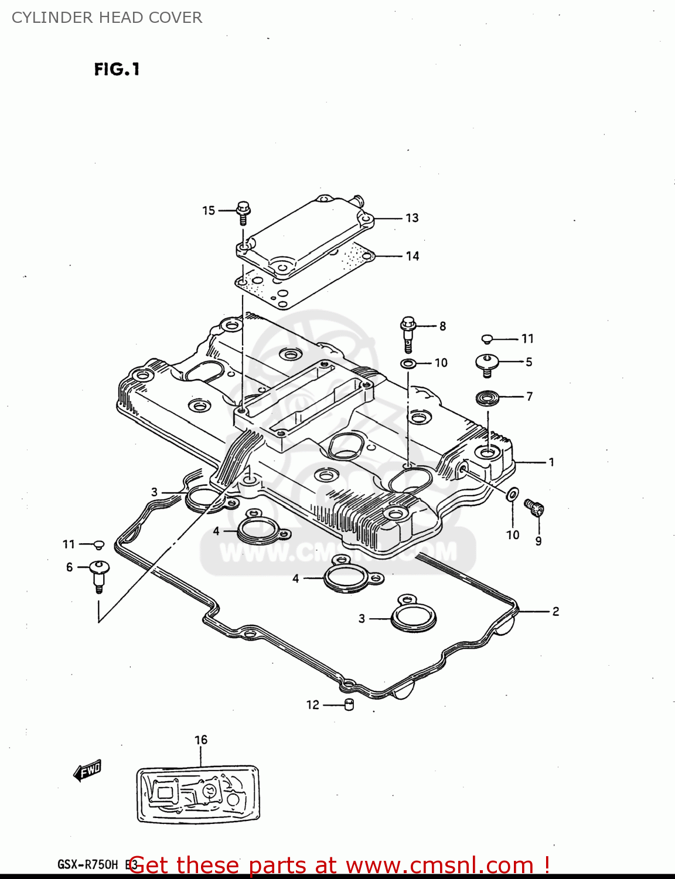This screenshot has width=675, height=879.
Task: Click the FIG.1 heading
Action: pyautogui.click(x=117, y=70)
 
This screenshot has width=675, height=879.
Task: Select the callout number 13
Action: pyautogui.click(x=412, y=218)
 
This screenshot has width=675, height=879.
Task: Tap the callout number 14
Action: pyautogui.click(x=412, y=256)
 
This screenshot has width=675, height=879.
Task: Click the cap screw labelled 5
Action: pyautogui.click(x=486, y=364)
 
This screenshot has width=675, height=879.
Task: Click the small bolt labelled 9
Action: pyautogui.click(x=534, y=507)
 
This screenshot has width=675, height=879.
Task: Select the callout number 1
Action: pyautogui.click(x=551, y=462)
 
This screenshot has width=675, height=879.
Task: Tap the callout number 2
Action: pyautogui.click(x=555, y=611)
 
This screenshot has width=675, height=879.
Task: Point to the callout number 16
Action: pyautogui.click(x=201, y=740)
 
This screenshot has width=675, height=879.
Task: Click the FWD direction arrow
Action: pyautogui.click(x=88, y=771)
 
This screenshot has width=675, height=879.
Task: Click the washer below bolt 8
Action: pyautogui.click(x=409, y=363)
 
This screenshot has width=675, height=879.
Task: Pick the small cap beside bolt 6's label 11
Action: pyautogui.click(x=98, y=545)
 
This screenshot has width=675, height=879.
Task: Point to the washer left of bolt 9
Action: pyautogui.click(x=512, y=494)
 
